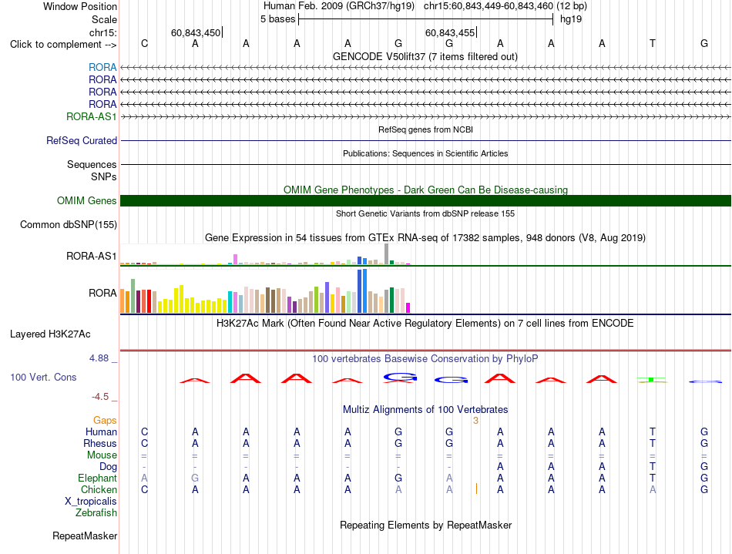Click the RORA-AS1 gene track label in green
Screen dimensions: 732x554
click(92, 116)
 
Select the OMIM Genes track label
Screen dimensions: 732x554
click(87, 200)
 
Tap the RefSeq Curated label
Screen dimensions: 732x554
click(82, 140)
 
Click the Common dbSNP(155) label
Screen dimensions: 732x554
click(69, 224)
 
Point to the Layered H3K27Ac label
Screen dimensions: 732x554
click(50, 334)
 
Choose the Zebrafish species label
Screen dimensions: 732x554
click(96, 512)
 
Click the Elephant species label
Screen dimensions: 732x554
click(98, 478)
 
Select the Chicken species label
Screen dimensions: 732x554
click(99, 489)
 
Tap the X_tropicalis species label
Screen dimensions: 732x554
click(91, 502)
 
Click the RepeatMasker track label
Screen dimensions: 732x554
click(85, 536)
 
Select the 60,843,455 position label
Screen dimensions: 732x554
click(449, 32)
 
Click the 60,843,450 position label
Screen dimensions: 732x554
click(196, 32)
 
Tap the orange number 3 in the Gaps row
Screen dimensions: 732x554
click(475, 421)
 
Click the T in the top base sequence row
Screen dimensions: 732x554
click(653, 43)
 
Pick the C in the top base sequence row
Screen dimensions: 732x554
click(145, 43)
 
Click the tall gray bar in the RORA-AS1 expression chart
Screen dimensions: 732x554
click(387, 254)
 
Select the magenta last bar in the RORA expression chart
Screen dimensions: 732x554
click(408, 308)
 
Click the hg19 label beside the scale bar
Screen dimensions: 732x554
click(571, 19)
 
